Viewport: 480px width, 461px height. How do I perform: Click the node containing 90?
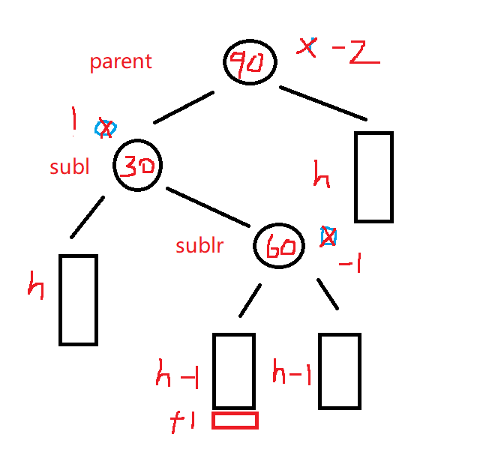pyautogui.click(x=250, y=62)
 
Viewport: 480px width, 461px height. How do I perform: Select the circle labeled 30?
pyautogui.click(x=138, y=166)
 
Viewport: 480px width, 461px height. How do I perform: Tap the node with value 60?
pyautogui.click(x=279, y=245)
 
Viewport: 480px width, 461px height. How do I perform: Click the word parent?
pyautogui.click(x=121, y=61)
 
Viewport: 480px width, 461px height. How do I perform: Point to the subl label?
pyautogui.click(x=70, y=166)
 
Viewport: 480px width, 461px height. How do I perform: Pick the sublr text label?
pyautogui.click(x=199, y=245)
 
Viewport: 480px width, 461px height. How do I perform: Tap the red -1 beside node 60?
pyautogui.click(x=349, y=265)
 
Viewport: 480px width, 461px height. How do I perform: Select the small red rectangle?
pyautogui.click(x=235, y=421)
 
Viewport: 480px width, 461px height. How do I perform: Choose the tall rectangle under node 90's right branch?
pyautogui.click(x=373, y=177)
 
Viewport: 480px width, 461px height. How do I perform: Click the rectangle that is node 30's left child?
pyautogui.click(x=78, y=300)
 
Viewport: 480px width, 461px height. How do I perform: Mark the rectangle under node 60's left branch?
pyautogui.click(x=234, y=370)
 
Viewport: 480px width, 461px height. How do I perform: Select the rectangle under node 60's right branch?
pyautogui.click(x=340, y=370)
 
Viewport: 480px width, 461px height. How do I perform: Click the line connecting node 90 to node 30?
pyautogui.click(x=184, y=108)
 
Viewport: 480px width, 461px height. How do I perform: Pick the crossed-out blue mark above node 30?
pyautogui.click(x=106, y=128)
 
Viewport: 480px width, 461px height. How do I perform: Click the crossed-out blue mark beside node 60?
pyautogui.click(x=328, y=236)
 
